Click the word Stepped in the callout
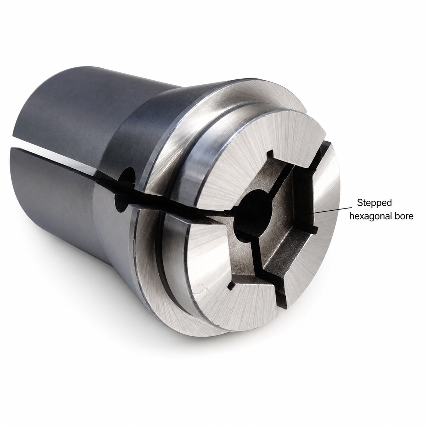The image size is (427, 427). tap(374, 202)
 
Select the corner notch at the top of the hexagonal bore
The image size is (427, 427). tap(271, 154)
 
